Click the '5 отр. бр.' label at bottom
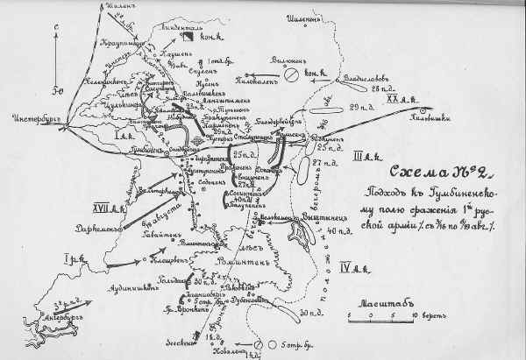(x=299, y=344)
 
